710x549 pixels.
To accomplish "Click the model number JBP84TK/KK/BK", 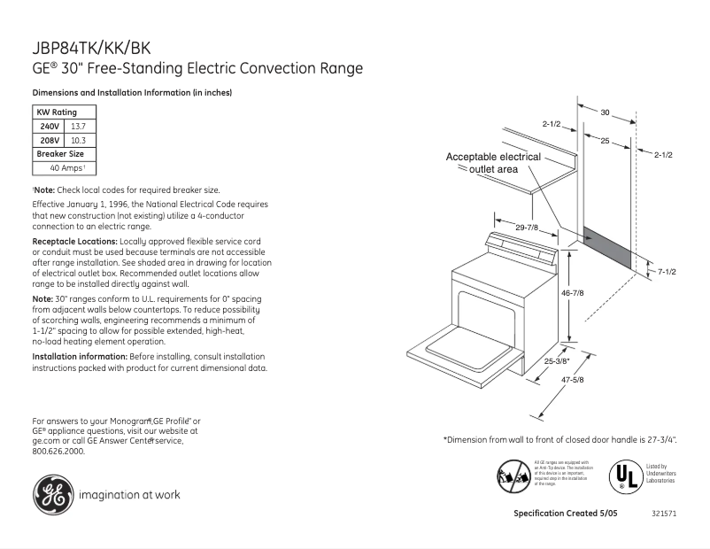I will [83, 50].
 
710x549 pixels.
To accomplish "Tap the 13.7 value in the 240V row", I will [79, 127].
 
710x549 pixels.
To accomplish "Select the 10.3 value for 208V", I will [79, 140].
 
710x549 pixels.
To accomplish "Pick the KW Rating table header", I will [56, 112].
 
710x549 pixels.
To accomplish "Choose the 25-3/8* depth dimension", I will [558, 360].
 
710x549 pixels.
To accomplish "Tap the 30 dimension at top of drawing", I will [606, 112].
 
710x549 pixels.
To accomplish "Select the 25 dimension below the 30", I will [605, 141].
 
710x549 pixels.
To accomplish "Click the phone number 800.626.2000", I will [58, 451].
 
